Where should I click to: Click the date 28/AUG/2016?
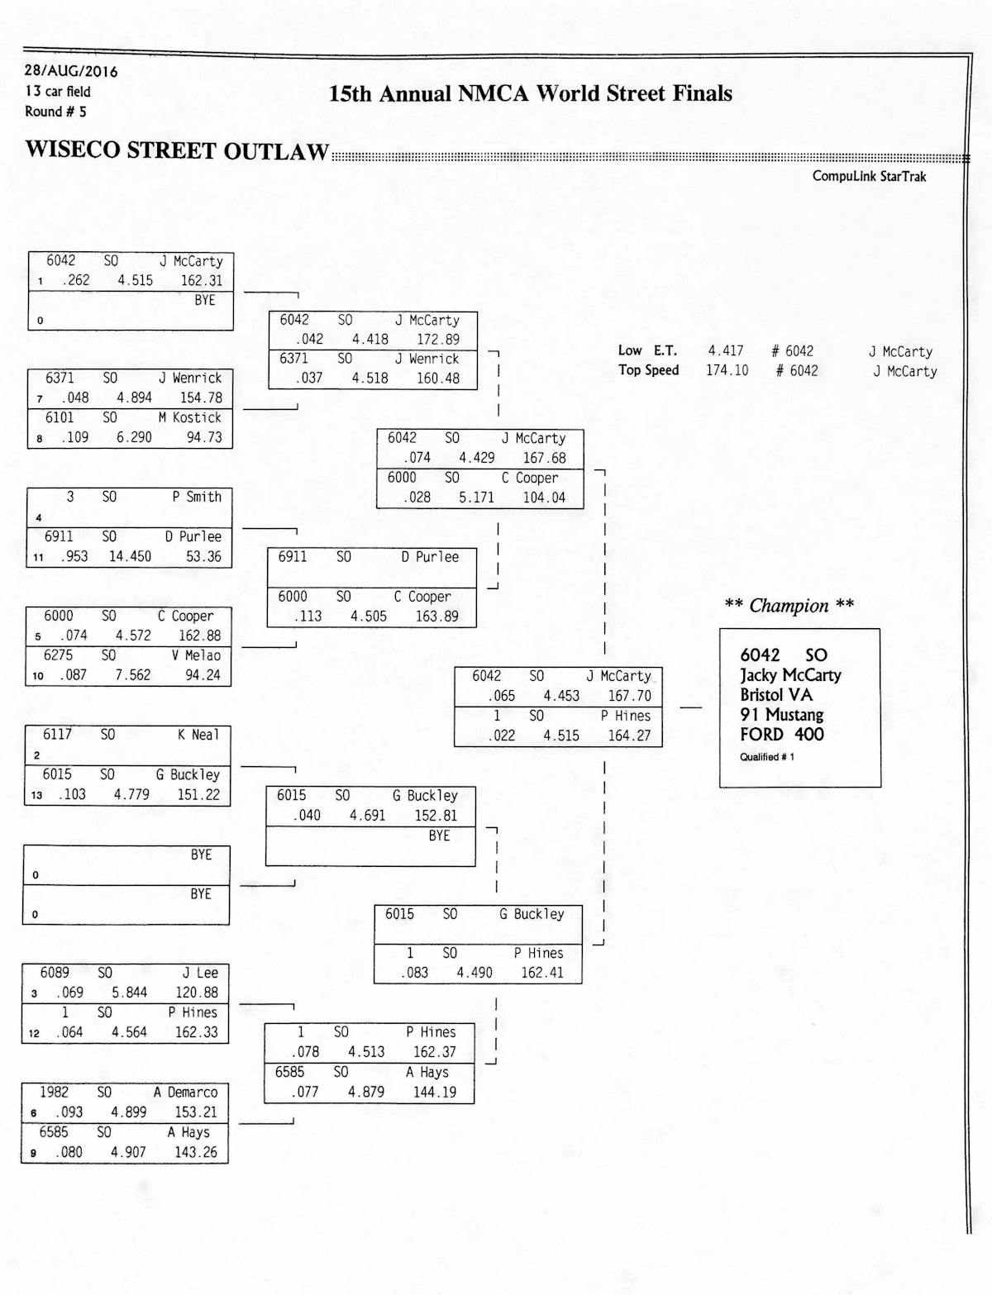click(71, 71)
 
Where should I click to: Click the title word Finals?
click(702, 93)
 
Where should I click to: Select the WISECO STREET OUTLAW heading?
click(177, 150)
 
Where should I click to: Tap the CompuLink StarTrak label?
click(869, 176)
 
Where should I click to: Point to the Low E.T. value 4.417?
click(725, 351)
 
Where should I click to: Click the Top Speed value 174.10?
click(727, 370)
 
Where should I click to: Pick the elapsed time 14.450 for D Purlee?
click(130, 556)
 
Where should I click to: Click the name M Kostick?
click(190, 417)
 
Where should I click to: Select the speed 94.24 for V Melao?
click(203, 674)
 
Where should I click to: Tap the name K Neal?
click(198, 735)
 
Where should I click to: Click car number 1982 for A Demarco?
click(55, 1092)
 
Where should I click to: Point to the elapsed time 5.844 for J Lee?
click(129, 993)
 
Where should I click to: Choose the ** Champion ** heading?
click(789, 606)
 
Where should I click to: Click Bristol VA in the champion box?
click(776, 694)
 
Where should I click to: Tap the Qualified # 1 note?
click(767, 757)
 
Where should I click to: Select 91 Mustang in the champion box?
click(781, 714)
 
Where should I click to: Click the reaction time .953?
click(74, 556)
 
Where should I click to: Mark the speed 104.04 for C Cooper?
click(543, 498)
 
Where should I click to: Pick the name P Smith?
click(197, 497)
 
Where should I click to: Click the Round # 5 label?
click(55, 112)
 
